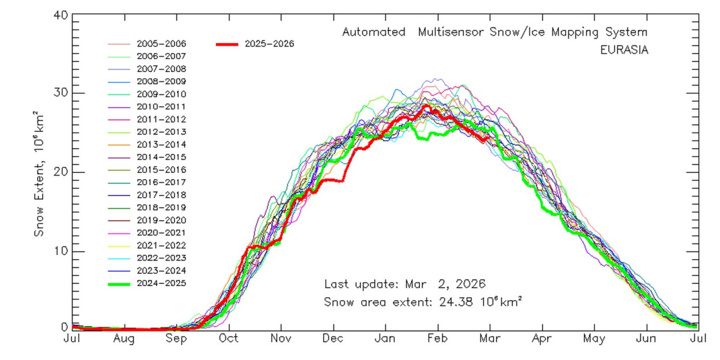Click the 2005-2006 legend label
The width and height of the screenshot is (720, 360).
pyautogui.click(x=161, y=44)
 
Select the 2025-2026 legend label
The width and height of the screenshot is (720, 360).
pyautogui.click(x=270, y=44)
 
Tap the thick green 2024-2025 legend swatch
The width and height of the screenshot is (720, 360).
pyautogui.click(x=119, y=284)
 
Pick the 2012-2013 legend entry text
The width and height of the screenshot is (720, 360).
pyautogui.click(x=161, y=132)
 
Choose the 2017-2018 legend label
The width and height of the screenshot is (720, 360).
pyautogui.click(x=161, y=195)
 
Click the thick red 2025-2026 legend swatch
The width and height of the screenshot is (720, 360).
pyautogui.click(x=228, y=44)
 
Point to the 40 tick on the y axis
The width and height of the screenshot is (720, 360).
pyautogui.click(x=60, y=15)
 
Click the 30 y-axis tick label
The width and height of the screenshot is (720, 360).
pyautogui.click(x=60, y=93)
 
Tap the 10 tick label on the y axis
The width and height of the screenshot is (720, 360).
pyautogui.click(x=60, y=251)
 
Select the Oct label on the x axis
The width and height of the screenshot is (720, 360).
pyautogui.click(x=229, y=339)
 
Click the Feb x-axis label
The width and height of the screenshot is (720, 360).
pyautogui.click(x=437, y=339)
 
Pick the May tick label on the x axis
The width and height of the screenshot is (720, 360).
pyautogui.click(x=594, y=339)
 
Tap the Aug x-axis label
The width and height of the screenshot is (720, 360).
pyautogui.click(x=124, y=339)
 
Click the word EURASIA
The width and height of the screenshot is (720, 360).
pyautogui.click(x=624, y=50)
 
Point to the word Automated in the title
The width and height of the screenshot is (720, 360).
pyautogui.click(x=373, y=32)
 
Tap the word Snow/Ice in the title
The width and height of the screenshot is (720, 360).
pyautogui.click(x=517, y=32)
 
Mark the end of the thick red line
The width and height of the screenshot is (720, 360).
pyautogui.click(x=489, y=138)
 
